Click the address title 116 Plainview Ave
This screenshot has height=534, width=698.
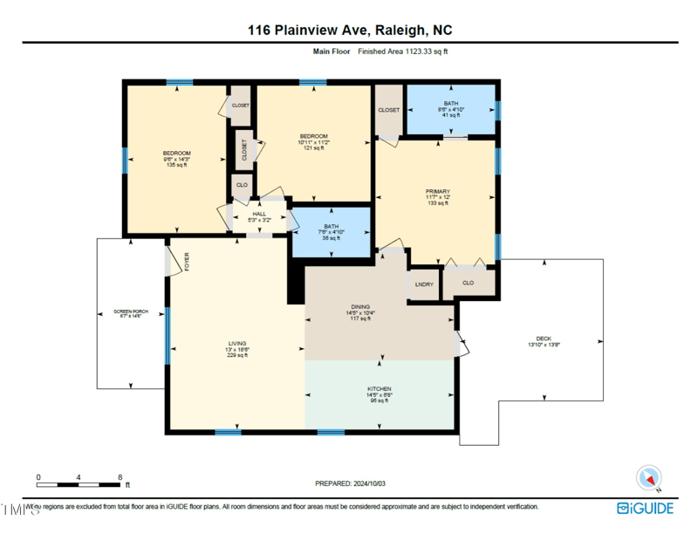[x=350, y=31]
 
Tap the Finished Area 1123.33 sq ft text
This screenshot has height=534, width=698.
[x=403, y=51]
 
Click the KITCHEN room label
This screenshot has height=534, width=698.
[x=379, y=389]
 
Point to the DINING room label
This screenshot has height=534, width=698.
[x=360, y=307]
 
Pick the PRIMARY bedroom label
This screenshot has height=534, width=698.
[x=437, y=191]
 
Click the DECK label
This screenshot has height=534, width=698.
[x=544, y=339]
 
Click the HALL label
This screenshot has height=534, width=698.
[x=259, y=214]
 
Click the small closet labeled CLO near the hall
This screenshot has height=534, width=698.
[x=242, y=185]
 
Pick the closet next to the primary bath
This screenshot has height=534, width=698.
[x=388, y=110]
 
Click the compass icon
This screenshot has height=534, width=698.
[x=648, y=477]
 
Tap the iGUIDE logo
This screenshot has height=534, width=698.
[x=647, y=508]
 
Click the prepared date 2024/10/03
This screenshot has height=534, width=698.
[x=348, y=483]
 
